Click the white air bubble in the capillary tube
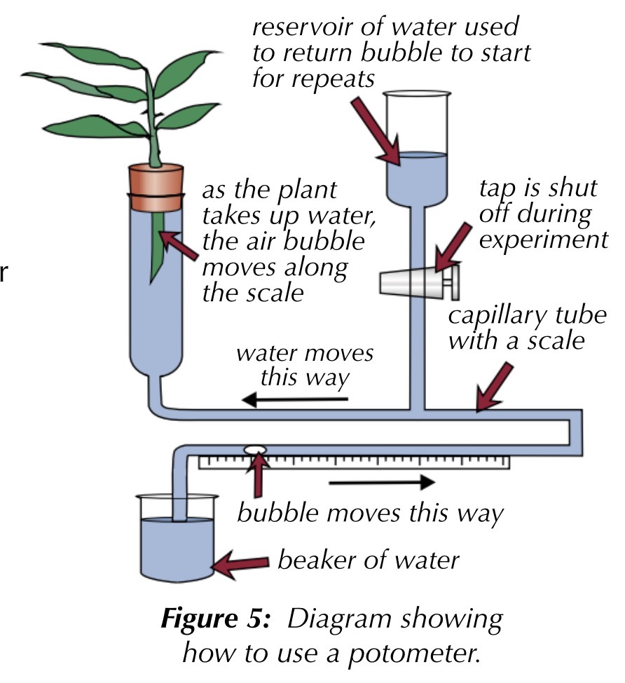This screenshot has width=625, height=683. [x=255, y=450]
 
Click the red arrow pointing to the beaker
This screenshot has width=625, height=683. [x=242, y=562]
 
